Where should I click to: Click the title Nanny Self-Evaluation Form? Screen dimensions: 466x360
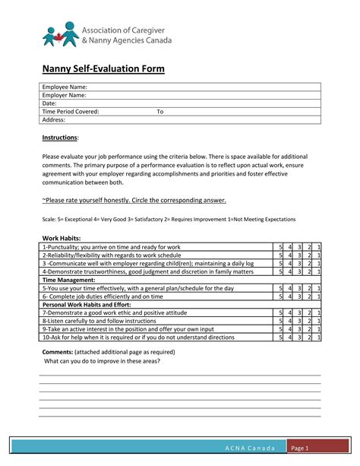click(x=103, y=68)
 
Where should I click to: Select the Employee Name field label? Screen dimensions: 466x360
click(x=65, y=87)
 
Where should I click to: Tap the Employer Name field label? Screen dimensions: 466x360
click(x=65, y=95)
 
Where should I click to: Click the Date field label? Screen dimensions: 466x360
click(x=49, y=103)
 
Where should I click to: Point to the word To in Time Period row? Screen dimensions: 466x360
click(x=160, y=112)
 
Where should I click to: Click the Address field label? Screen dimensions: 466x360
click(x=54, y=119)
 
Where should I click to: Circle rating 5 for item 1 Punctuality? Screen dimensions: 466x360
click(x=280, y=247)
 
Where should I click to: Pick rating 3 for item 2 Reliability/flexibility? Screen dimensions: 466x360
click(x=299, y=255)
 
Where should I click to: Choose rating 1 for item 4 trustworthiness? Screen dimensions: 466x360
click(x=319, y=271)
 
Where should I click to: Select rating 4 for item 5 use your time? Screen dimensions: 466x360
click(x=289, y=288)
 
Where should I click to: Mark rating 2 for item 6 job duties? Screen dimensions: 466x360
click(x=309, y=296)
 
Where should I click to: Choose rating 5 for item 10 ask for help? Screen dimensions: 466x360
click(x=280, y=337)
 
